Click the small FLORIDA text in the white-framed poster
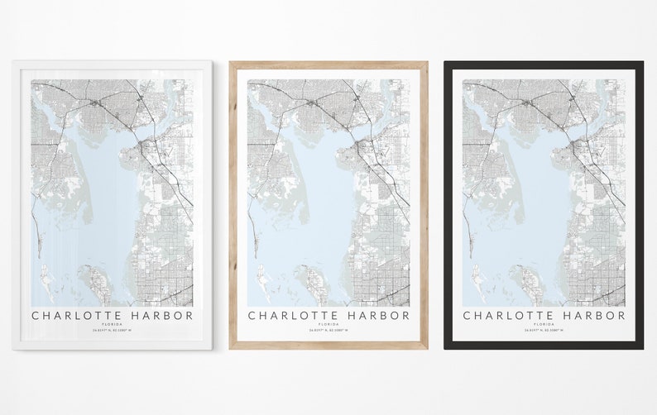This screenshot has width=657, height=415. [113, 324]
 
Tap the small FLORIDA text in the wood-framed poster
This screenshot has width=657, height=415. [328, 324]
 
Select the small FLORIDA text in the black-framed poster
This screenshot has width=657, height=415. [544, 324]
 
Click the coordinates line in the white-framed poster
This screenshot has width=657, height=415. [113, 331]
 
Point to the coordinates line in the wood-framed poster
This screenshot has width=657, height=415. [328, 331]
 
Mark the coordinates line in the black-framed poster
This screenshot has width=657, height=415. [544, 331]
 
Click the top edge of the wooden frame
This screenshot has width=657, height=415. [328, 64]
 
